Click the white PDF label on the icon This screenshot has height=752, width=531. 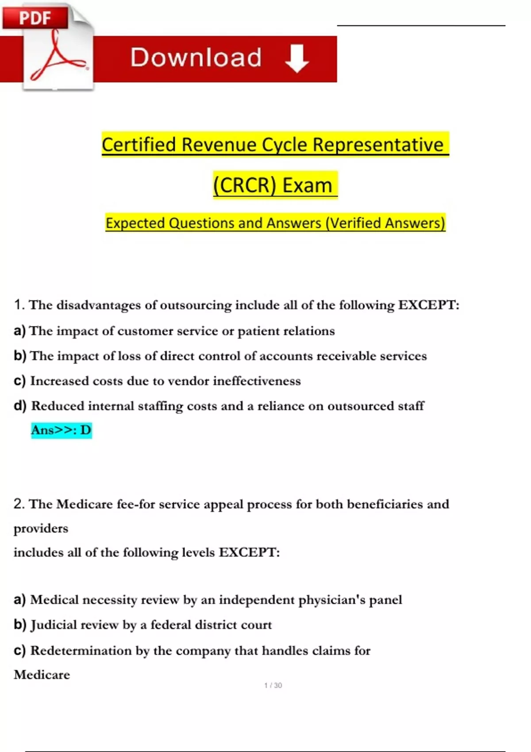(35, 18)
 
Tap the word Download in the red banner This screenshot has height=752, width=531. (196, 58)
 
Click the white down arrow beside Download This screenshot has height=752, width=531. (296, 58)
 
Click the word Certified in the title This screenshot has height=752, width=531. (139, 145)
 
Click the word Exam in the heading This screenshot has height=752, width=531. (307, 185)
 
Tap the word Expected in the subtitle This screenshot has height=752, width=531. (135, 223)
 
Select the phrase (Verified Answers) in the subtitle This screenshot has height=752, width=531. (385, 223)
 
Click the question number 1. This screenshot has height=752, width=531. (19, 305)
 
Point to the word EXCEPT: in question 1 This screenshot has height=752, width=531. (429, 305)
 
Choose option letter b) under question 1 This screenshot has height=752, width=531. (20, 356)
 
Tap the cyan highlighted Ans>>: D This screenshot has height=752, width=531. (61, 430)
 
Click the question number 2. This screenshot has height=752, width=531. (19, 504)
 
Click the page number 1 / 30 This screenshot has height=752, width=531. (273, 685)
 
